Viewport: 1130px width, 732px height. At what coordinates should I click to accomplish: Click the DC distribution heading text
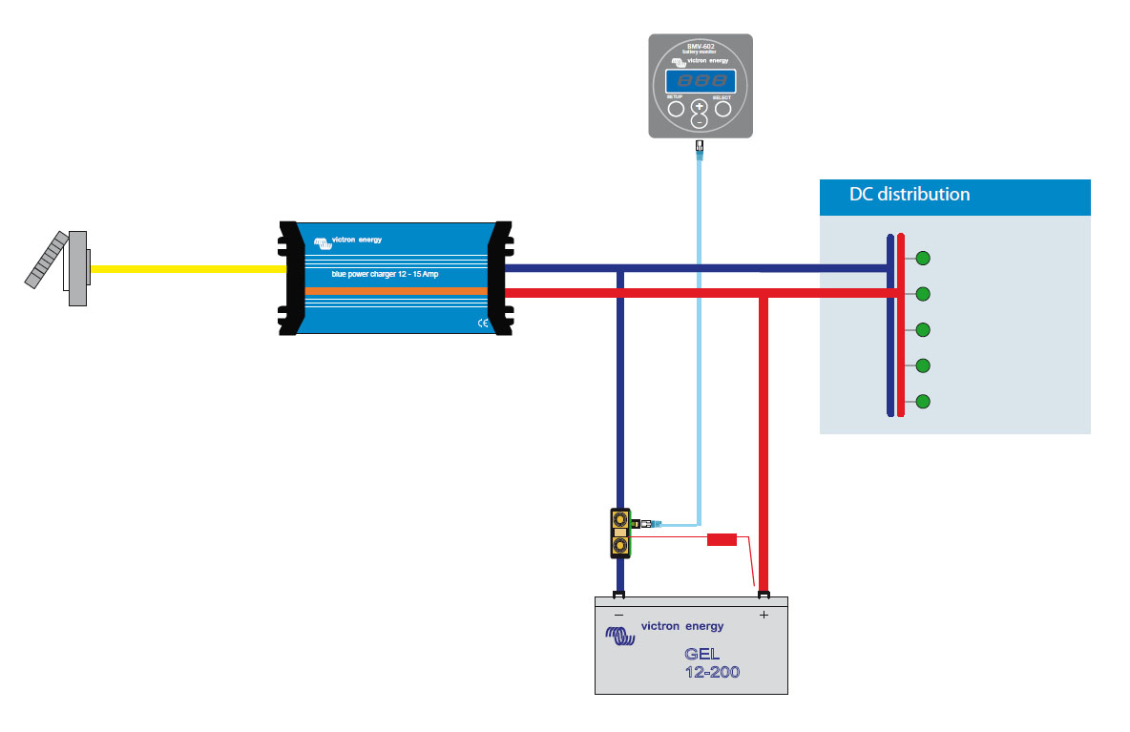point(909,195)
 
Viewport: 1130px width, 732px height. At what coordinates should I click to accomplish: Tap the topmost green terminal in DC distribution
point(923,258)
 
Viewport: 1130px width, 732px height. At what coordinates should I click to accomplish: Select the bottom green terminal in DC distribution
point(923,401)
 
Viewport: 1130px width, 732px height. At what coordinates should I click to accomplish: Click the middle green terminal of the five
point(923,329)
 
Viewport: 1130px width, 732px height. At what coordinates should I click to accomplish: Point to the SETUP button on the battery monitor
point(676,109)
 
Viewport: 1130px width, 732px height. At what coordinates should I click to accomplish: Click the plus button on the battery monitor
point(700,106)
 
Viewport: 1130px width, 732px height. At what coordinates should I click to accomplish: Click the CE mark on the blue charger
point(482,324)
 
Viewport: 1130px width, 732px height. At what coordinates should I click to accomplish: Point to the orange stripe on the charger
point(396,289)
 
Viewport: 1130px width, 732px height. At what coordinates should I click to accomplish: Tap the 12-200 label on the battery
point(712,673)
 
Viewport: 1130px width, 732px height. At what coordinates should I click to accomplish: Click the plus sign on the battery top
point(764,616)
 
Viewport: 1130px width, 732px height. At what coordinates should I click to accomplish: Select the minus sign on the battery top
point(619,616)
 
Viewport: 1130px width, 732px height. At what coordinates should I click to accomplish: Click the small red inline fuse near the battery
point(722,540)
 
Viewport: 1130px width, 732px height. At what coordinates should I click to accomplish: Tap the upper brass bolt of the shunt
point(621,520)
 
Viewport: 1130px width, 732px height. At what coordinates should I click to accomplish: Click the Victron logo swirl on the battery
point(618,634)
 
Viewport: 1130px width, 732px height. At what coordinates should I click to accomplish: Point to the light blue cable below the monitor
point(700,334)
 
